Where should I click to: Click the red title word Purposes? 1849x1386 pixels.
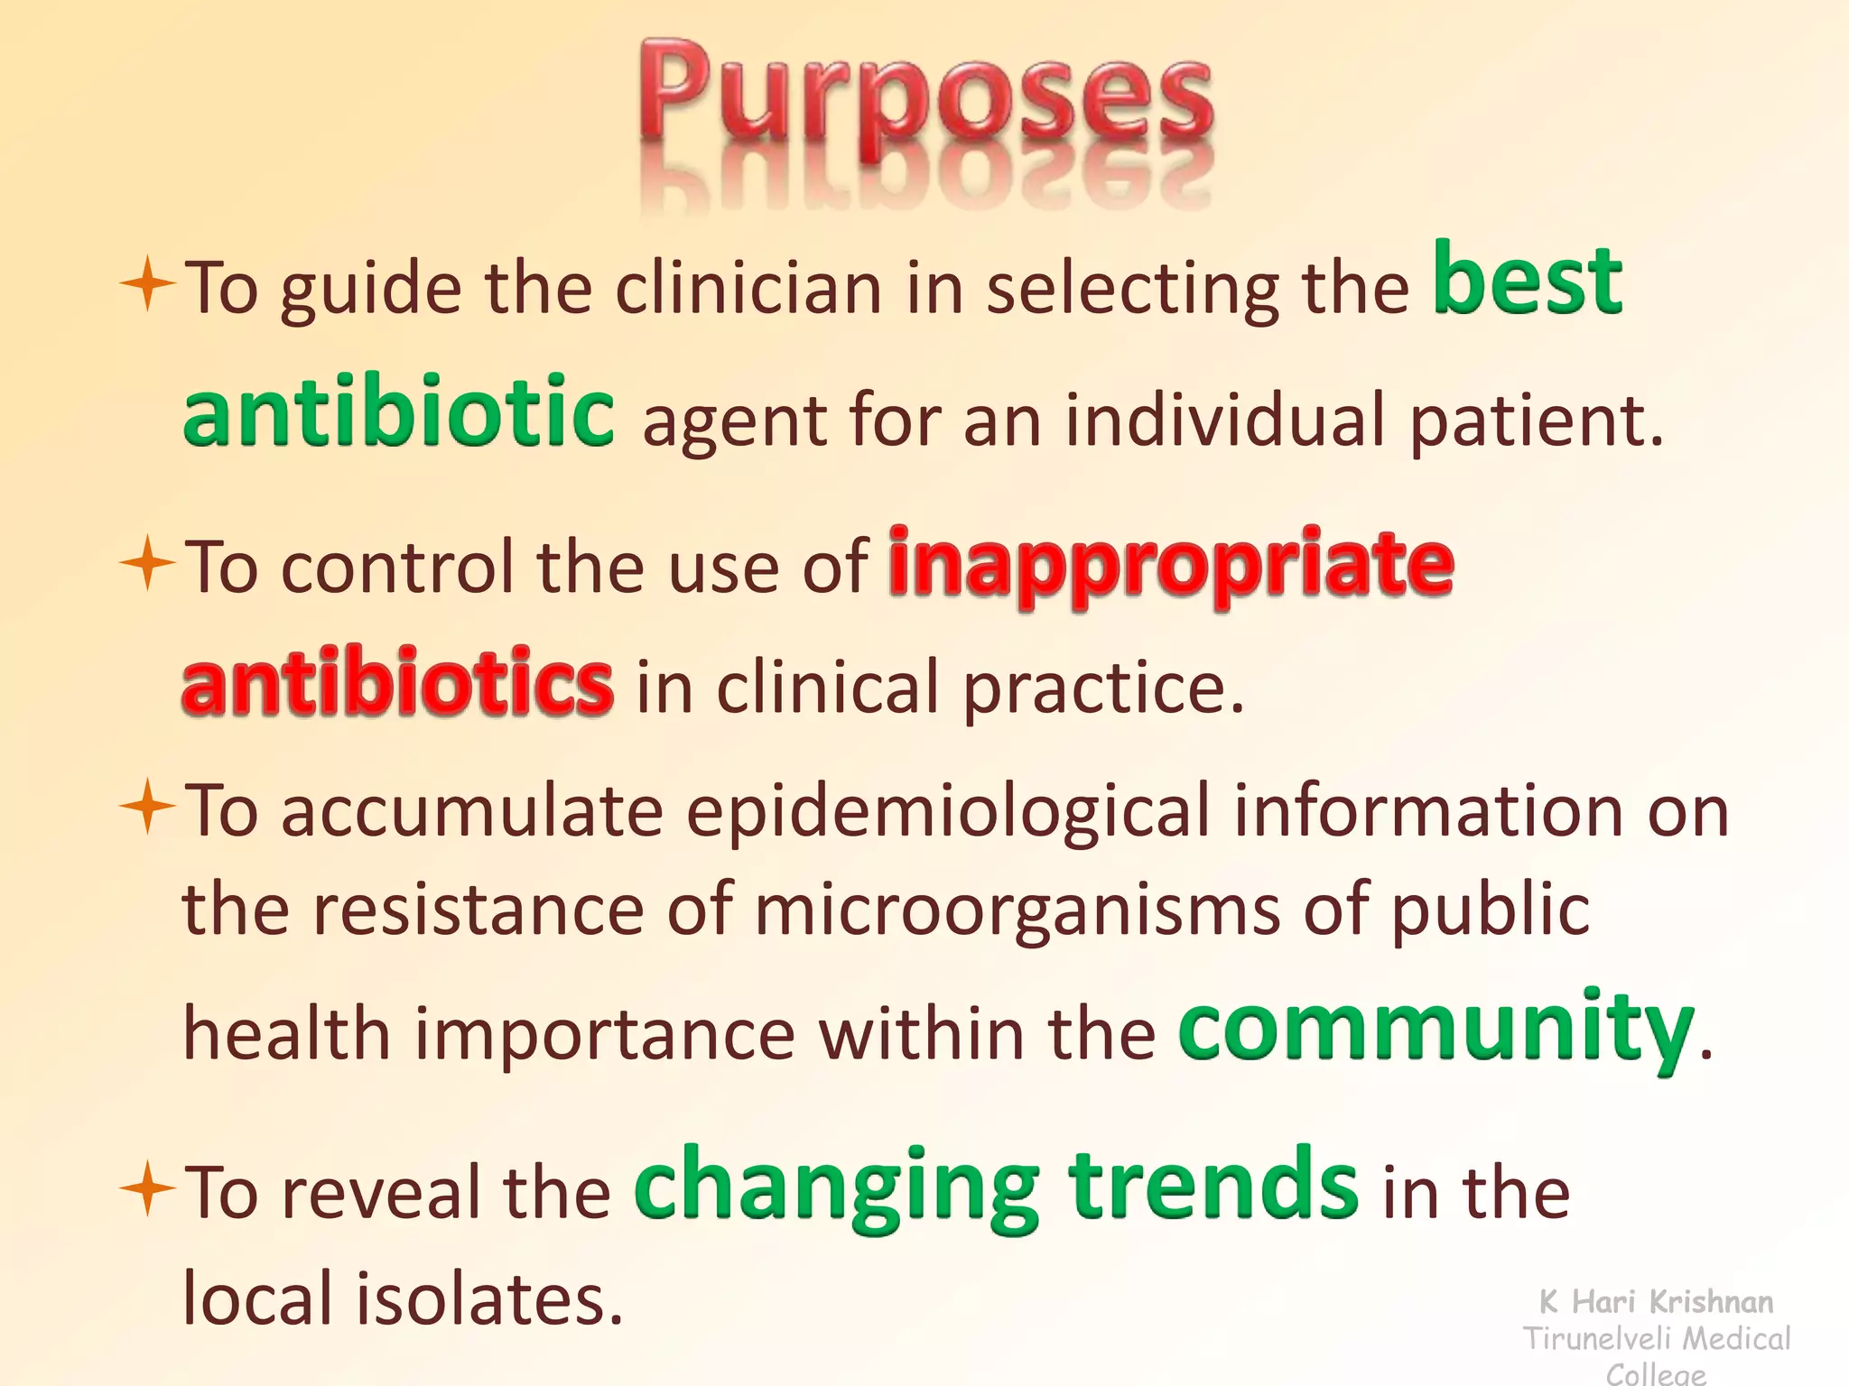[x=926, y=99]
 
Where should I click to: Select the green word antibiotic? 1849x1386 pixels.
[x=398, y=412]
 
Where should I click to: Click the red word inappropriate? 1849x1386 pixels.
[x=1171, y=563]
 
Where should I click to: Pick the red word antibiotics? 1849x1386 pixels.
[x=397, y=682]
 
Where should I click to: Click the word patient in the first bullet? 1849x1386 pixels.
[x=1535, y=421]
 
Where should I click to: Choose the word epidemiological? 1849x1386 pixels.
[x=948, y=809]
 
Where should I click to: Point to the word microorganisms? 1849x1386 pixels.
[x=1017, y=909]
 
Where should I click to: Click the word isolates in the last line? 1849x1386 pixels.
[x=488, y=1298]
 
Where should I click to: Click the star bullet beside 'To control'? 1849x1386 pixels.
[x=147, y=564]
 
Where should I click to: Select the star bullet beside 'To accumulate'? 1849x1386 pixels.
[x=147, y=807]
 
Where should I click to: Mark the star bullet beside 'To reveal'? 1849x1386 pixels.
[x=147, y=1188]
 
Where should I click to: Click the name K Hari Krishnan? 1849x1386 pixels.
[x=1656, y=1301]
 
